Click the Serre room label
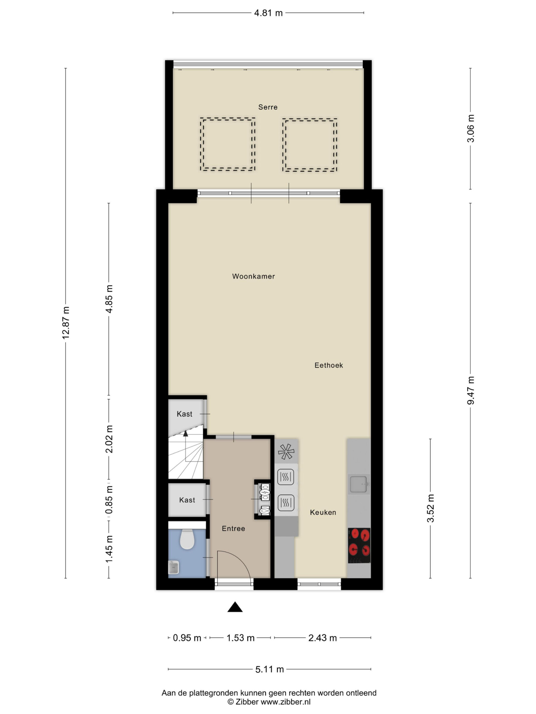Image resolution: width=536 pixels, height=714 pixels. (267, 107)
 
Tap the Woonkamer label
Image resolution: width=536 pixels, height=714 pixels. (253, 276)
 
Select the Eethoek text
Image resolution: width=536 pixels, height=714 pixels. (329, 365)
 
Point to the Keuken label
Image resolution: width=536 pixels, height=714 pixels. (323, 512)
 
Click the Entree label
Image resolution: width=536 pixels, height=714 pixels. (233, 529)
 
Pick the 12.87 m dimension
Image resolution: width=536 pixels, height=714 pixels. (66, 323)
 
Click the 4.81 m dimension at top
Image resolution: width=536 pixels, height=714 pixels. (268, 13)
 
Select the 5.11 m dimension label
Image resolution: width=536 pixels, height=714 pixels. (269, 669)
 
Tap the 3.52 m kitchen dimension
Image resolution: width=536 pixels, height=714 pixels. (430, 508)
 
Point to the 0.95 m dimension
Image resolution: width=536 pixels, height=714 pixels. (187, 638)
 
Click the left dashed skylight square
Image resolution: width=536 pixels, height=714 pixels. (228, 144)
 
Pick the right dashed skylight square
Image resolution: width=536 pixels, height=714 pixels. (310, 144)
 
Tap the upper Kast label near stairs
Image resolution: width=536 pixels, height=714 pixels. (184, 414)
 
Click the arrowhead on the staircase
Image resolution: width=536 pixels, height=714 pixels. (185, 433)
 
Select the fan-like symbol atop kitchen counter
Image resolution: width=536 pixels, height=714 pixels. (286, 452)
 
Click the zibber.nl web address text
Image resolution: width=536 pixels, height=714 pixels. (285, 702)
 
